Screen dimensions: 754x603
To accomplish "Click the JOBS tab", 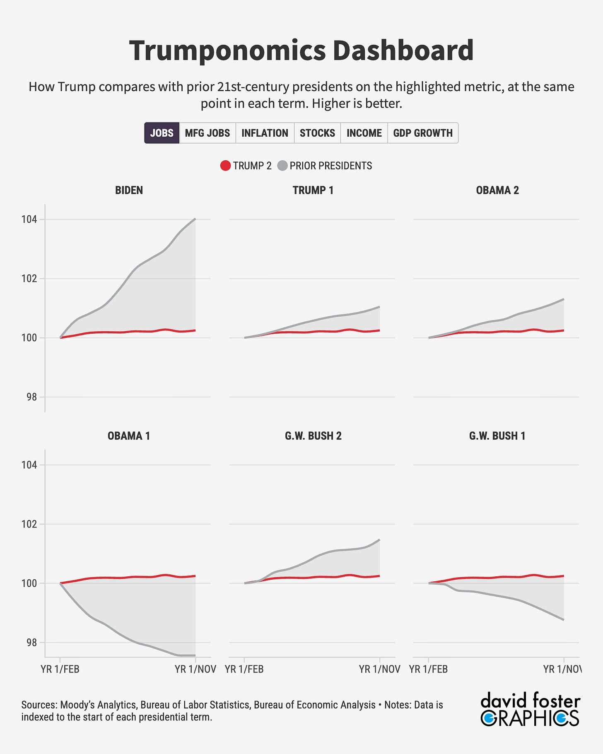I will (162, 133).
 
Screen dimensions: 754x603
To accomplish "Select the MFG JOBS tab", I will (207, 133).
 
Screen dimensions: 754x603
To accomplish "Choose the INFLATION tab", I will (265, 133).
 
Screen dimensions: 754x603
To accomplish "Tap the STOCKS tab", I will (317, 133).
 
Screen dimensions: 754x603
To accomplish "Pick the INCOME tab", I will (364, 133).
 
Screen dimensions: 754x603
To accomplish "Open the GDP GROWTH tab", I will (423, 133).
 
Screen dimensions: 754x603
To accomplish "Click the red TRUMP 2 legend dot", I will (225, 166).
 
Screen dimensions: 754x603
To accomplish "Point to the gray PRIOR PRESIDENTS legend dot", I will (282, 166).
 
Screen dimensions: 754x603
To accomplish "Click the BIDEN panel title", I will (129, 190).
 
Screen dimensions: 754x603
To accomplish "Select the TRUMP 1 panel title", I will (313, 190).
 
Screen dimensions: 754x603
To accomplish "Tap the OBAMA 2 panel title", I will (497, 190).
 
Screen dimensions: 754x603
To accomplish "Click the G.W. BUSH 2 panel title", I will (313, 436).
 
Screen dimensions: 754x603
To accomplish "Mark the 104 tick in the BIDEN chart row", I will (29, 219).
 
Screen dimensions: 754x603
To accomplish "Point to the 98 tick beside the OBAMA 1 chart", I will (31, 643).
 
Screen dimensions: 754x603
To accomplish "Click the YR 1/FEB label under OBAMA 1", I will (60, 670).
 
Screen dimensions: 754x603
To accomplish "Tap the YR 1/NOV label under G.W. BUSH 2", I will (379, 670).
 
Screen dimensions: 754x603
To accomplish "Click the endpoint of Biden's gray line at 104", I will (195, 219).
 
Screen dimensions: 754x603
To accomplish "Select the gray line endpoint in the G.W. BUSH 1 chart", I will (564, 620).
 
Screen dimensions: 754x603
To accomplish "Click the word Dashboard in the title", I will (403, 51).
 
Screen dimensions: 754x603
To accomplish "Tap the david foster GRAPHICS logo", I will (530, 709).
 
